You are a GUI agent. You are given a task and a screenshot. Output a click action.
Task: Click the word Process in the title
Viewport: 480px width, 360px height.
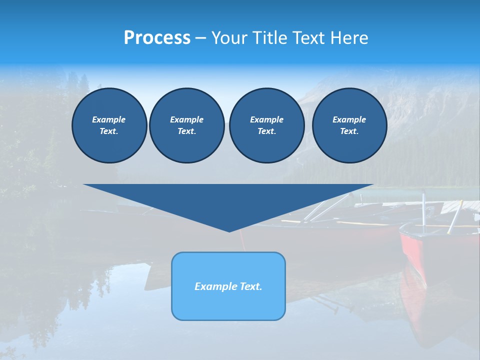(157, 38)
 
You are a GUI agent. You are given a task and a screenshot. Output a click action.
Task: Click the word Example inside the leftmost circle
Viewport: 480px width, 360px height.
(109, 119)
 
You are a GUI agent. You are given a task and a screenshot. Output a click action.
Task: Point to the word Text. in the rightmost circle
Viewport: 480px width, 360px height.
(349, 131)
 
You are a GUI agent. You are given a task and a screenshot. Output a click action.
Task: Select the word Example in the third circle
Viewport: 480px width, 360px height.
(266, 119)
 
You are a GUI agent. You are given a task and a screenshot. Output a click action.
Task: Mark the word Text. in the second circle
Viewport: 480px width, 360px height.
(186, 131)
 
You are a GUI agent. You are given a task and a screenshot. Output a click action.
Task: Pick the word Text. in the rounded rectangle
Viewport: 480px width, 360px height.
(250, 286)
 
